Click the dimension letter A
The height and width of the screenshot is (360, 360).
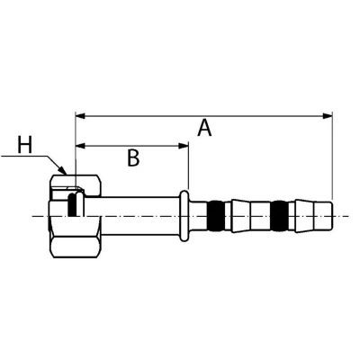204,128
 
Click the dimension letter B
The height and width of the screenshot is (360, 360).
133,157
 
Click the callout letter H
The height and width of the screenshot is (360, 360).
24,145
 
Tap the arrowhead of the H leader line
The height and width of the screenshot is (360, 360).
63,170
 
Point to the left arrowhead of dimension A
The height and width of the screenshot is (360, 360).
81,116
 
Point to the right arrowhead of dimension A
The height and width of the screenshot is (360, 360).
328,116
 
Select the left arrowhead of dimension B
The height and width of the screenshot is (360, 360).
81,146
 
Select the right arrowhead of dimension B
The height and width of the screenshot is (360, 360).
184,146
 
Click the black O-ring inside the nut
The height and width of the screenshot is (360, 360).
72,205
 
